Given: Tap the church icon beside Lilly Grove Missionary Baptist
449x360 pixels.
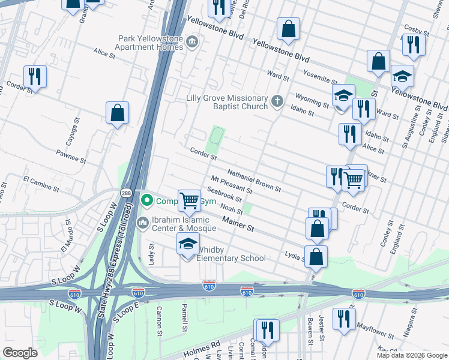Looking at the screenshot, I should coord(277,101).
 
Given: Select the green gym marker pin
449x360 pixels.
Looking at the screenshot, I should coord(145,200).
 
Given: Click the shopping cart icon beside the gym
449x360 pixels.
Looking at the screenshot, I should coord(190,201).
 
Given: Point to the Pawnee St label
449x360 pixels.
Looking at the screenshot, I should coord(73,158).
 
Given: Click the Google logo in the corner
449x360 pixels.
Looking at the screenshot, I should coord(20,353).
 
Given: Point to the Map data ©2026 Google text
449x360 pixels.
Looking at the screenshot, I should coord(411,355).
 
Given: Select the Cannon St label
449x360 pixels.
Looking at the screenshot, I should coord(159,319).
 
